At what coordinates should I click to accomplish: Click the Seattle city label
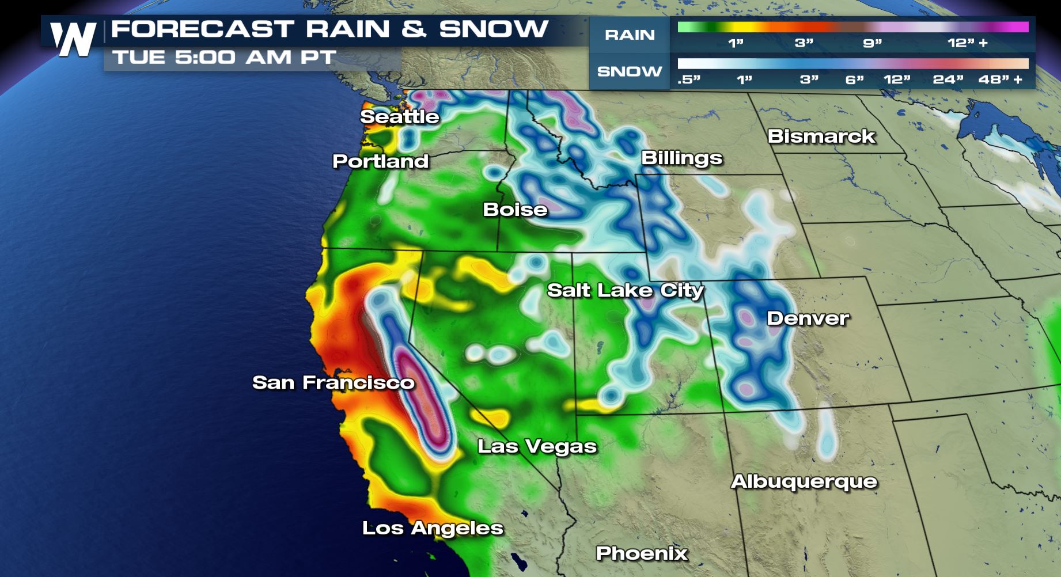(x=400, y=117)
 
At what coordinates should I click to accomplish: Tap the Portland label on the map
(x=381, y=161)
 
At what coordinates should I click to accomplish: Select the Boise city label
(x=515, y=210)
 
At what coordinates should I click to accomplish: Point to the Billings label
(x=682, y=158)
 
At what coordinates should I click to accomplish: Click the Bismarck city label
(x=821, y=136)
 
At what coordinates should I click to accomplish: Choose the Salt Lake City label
(x=626, y=290)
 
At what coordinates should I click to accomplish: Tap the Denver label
(x=808, y=318)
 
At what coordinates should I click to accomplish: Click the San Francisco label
(x=334, y=382)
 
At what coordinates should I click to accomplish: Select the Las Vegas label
(x=537, y=447)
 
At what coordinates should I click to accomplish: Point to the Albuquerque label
(x=804, y=481)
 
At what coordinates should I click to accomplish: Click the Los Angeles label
(x=433, y=528)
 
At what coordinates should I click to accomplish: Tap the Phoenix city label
(x=642, y=553)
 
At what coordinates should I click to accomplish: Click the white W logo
(x=73, y=39)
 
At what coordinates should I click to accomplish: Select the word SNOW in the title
(x=494, y=29)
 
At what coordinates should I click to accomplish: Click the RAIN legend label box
(x=630, y=35)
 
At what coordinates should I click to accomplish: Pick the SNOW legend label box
(x=630, y=71)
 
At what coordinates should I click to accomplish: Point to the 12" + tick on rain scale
(x=968, y=43)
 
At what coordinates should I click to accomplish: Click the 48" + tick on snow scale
(x=1001, y=79)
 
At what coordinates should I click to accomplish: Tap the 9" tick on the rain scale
(x=872, y=43)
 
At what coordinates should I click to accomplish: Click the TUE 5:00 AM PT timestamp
(x=224, y=58)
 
